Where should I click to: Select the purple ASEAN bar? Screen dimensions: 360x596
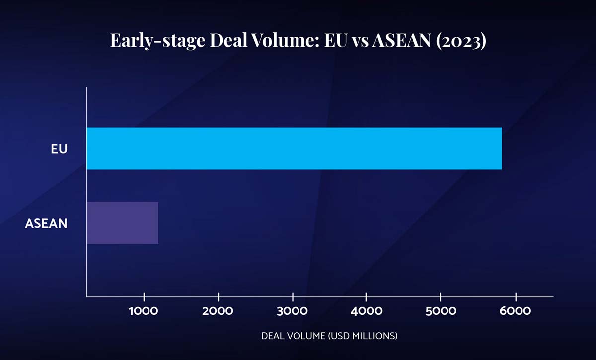point(122,223)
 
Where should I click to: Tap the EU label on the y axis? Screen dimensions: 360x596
point(59,149)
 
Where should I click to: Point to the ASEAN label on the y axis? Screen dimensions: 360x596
point(46,224)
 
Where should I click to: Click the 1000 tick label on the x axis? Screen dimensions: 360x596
point(144,311)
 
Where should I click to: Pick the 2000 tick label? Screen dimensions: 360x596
point(219,311)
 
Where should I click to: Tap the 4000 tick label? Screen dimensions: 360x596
point(366,311)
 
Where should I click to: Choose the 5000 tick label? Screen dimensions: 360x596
point(441,311)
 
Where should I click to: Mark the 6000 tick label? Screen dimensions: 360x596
point(516,311)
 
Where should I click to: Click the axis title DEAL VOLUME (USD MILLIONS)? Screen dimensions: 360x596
point(329,336)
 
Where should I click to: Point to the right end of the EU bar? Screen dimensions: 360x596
point(501,148)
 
